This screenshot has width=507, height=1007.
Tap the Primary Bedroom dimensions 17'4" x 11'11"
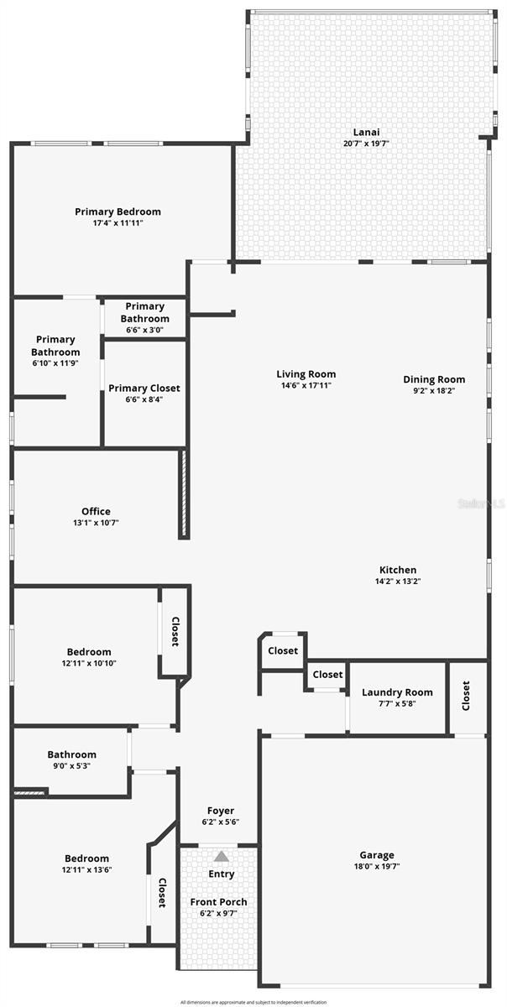point(118,224)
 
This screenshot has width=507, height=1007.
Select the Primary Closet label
point(144,389)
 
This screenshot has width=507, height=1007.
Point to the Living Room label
point(306,374)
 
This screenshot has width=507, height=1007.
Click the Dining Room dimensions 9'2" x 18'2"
point(434,390)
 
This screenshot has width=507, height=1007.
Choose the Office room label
point(96,511)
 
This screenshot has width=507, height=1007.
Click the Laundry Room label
point(397,692)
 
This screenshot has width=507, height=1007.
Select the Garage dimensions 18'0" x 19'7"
point(374,867)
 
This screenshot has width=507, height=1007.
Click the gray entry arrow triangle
point(221,856)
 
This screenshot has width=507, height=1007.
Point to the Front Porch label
point(217,902)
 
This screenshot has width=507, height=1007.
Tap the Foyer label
point(222,811)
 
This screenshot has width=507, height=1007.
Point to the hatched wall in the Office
point(181,494)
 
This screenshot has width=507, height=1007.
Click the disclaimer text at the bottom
point(253,1002)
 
